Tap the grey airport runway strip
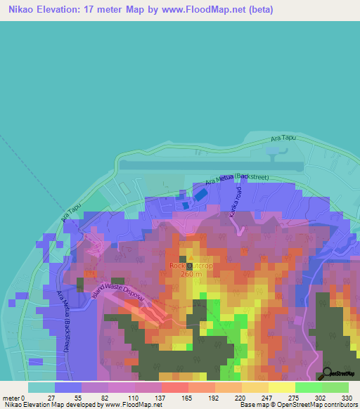(211, 164)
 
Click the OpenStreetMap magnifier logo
(327, 373)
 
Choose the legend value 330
(347, 397)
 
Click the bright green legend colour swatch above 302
(309, 387)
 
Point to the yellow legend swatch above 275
(282, 387)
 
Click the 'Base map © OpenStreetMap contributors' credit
(305, 405)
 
